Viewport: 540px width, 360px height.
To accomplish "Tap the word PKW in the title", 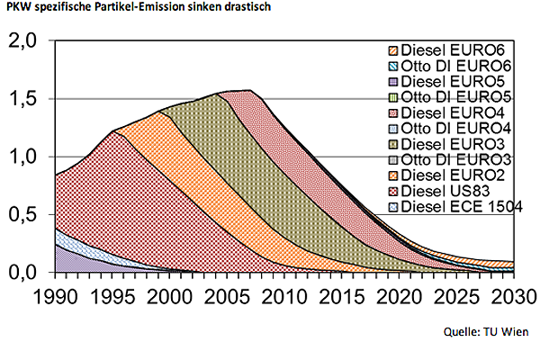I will (15, 8).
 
